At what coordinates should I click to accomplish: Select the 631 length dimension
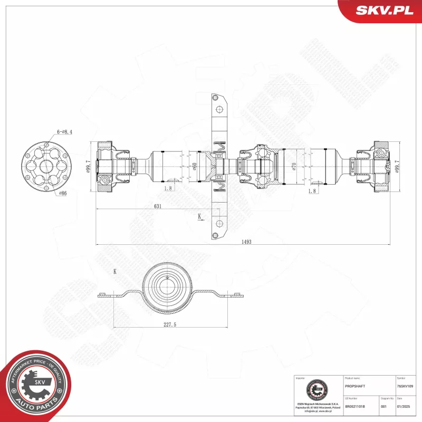pos(157,206)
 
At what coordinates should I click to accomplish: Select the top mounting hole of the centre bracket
pos(215,98)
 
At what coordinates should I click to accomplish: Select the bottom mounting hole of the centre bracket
pos(215,235)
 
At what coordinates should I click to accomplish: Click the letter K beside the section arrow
pos(199,216)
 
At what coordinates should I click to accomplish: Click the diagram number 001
pos(383,407)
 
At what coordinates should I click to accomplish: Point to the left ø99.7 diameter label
pos(88,167)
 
